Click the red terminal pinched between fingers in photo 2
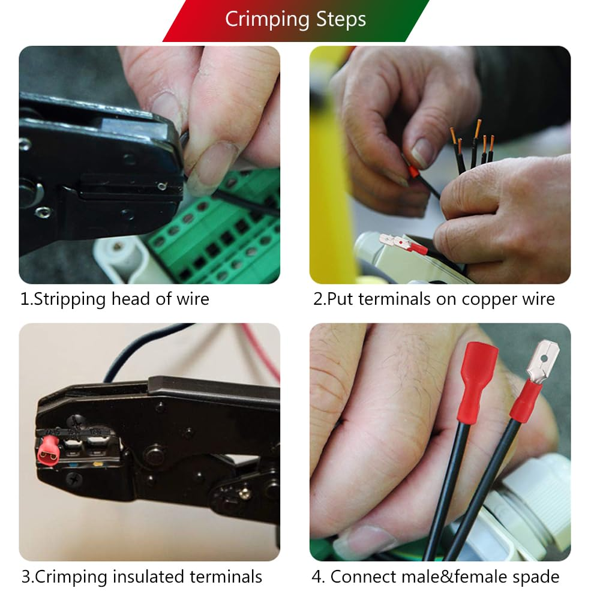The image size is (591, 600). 414,173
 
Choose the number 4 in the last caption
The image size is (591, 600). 317,577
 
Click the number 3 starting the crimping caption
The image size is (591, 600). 26,577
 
